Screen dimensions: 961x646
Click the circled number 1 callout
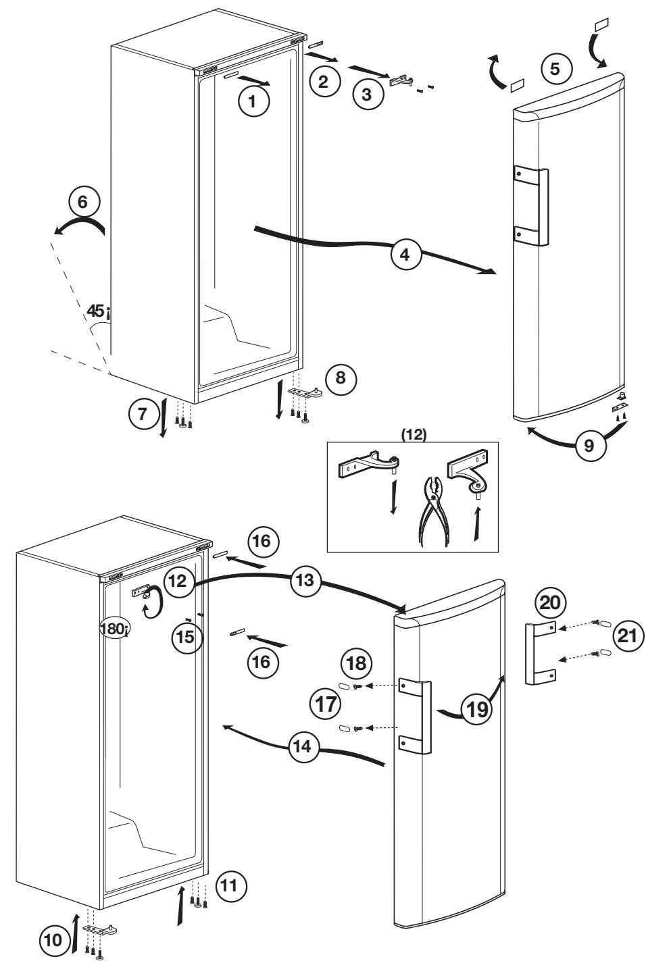[x=253, y=103]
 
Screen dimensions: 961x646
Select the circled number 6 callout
[x=84, y=201]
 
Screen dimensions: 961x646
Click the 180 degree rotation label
[x=113, y=627]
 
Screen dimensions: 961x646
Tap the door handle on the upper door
[x=531, y=206]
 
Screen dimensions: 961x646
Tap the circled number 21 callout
[x=628, y=636]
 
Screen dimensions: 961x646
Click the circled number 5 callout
[x=555, y=68]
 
